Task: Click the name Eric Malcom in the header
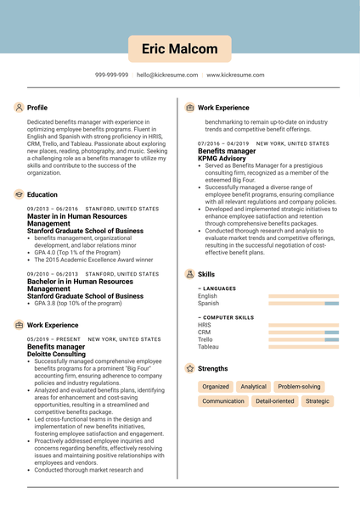[x=180, y=49]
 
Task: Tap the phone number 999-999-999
[x=111, y=75]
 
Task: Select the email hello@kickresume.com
[x=167, y=75]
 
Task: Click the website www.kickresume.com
[x=235, y=75]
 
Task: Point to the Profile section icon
[x=19, y=108]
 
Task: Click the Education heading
[x=42, y=194]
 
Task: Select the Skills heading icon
[x=188, y=274]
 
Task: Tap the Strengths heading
[x=212, y=369]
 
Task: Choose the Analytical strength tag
[x=253, y=386]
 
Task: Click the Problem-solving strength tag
[x=299, y=386]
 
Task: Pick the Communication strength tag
[x=223, y=400]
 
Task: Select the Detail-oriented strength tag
[x=274, y=400]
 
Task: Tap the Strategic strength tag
[x=318, y=400]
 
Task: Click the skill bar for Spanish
[x=303, y=303]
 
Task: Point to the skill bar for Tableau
[x=303, y=347]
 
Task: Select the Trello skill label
[x=206, y=339]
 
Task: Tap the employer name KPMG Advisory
[x=222, y=159]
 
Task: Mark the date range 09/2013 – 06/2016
[x=52, y=209]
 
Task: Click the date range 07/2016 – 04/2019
[x=223, y=143]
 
